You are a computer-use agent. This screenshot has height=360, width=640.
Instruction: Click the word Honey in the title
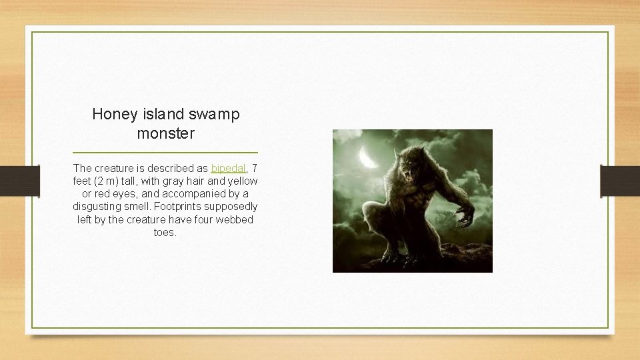tap(113, 114)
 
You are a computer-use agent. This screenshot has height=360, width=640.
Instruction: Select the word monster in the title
tap(165, 133)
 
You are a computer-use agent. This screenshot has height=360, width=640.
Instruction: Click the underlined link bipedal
tap(229, 168)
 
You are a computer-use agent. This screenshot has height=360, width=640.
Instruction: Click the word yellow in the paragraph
tap(242, 181)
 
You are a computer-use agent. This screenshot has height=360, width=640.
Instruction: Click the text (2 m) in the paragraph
tap(108, 181)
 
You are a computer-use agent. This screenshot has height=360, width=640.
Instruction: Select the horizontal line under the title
tap(165, 153)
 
